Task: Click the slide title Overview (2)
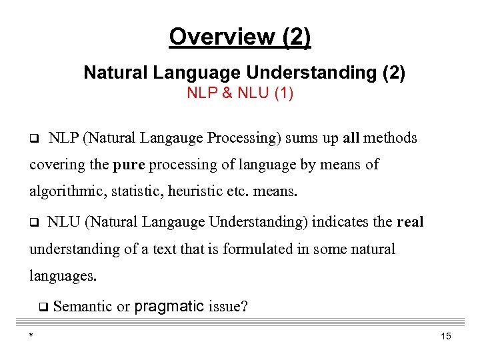pos(240,37)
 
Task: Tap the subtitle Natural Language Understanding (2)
pos(244,73)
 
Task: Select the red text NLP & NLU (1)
pos(240,93)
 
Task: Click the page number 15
pos(446,336)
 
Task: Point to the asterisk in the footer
pos(31,336)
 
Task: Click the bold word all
pos(351,138)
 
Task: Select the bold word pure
pos(129,165)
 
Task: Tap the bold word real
pos(409,222)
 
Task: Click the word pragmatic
pos(169,307)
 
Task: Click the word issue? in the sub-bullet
pos(228,307)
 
